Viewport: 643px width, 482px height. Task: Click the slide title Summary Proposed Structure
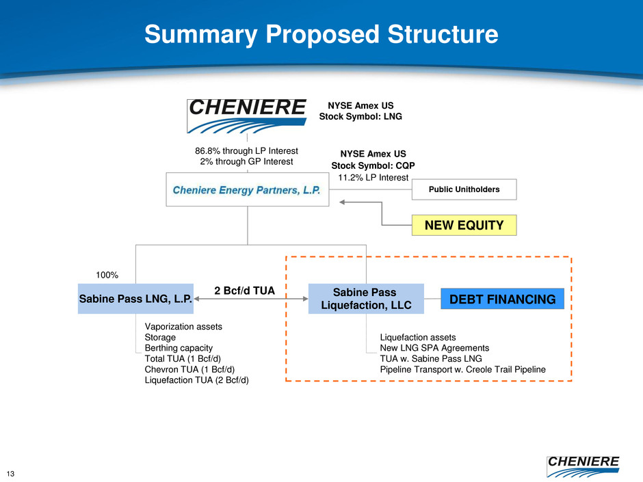coord(321,34)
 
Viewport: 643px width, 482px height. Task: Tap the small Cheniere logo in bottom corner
coord(583,466)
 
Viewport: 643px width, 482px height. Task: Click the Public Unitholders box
coord(464,189)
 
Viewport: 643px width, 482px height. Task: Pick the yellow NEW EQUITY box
coord(464,224)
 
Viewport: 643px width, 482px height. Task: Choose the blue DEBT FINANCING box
coord(502,299)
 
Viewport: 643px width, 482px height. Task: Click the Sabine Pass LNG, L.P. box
coord(135,299)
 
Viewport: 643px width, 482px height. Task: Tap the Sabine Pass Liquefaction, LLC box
coord(366,299)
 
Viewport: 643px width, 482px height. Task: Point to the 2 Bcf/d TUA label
coord(244,291)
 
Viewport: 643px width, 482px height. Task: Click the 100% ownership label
coord(106,275)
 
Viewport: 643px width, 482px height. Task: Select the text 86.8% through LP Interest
coord(246,150)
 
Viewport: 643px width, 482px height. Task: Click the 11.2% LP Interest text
coord(373,178)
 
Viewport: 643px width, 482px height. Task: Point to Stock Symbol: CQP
coord(373,165)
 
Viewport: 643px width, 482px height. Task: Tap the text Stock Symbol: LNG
coord(360,116)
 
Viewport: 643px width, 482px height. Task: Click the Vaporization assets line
coord(183,327)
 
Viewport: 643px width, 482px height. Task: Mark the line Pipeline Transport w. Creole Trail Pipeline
coord(462,369)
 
